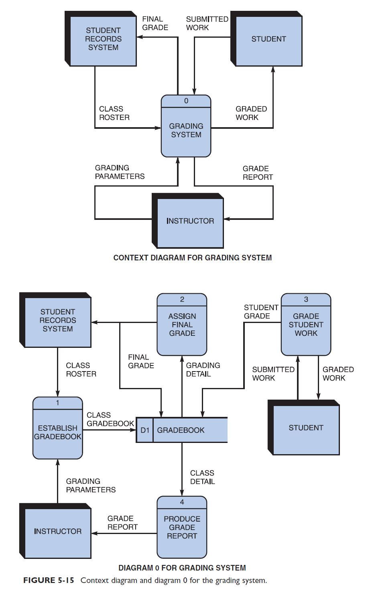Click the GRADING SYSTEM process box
[186, 130]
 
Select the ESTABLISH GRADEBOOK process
[57, 433]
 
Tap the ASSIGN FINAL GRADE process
[182, 325]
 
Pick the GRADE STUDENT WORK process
[306, 325]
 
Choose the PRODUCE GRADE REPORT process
[182, 527]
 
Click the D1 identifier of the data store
[145, 430]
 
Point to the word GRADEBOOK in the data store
[181, 430]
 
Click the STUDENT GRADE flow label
[261, 312]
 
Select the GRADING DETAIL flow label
[203, 370]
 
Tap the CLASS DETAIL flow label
[202, 477]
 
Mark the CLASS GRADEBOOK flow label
[110, 419]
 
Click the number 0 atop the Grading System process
[186, 101]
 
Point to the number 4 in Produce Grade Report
[182, 502]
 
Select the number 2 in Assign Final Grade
[182, 299]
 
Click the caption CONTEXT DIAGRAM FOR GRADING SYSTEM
[193, 258]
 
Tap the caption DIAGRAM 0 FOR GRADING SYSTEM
[182, 568]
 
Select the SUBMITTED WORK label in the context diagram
[207, 23]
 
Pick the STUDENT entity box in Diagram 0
[306, 428]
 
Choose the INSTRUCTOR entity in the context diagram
[190, 221]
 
